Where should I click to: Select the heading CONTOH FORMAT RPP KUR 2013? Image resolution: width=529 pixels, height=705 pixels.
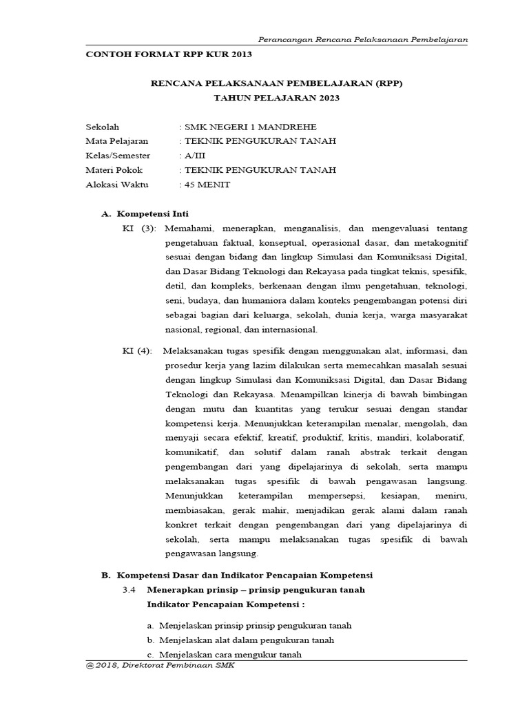[169, 54]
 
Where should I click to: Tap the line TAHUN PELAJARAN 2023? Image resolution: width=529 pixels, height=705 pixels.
[276, 98]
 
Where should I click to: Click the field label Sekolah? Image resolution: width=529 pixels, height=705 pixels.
[102, 127]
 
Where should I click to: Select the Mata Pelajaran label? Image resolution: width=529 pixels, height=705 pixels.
[116, 141]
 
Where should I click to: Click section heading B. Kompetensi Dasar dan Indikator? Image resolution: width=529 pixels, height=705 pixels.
[237, 574]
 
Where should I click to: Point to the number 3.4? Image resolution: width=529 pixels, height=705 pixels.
[129, 590]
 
